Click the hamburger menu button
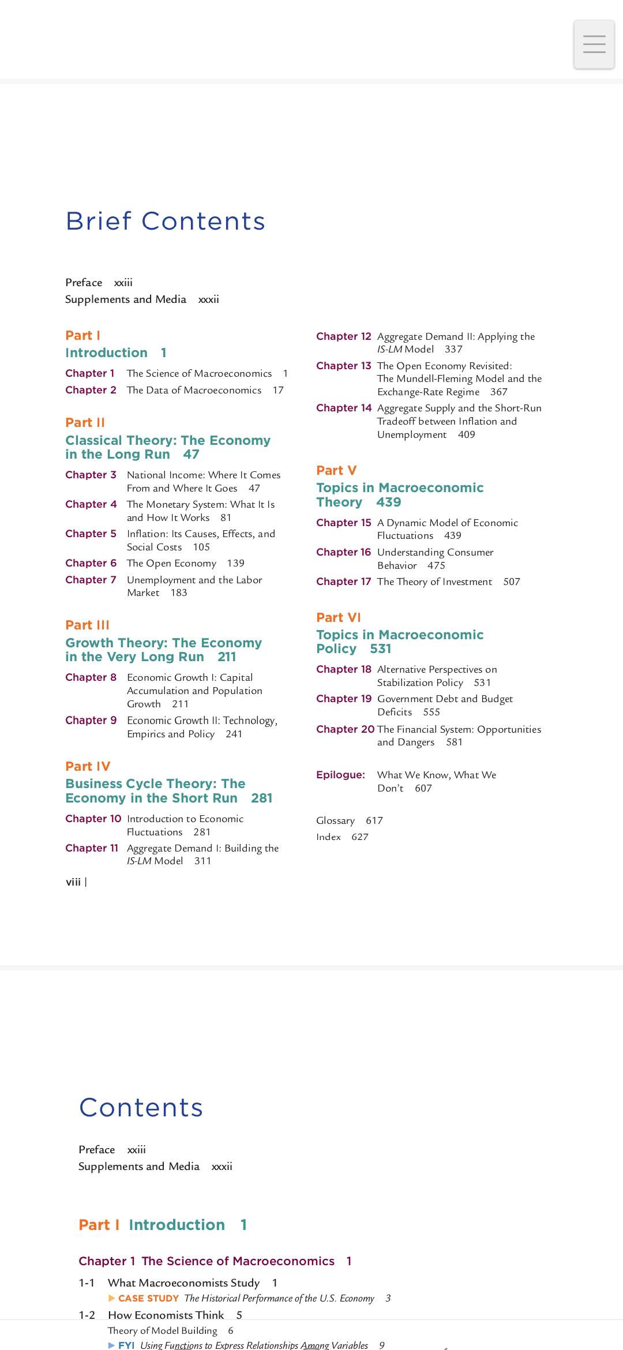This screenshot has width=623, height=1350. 594,44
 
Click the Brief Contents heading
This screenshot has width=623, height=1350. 165,221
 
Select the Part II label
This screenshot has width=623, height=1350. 85,422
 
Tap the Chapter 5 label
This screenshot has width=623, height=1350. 91,534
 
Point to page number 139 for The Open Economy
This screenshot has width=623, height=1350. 235,563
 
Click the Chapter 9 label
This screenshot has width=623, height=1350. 91,720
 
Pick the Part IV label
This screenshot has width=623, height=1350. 88,766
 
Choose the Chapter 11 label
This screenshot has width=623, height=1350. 92,848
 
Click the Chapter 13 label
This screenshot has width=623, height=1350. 343,366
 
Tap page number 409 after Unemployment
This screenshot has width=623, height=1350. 466,434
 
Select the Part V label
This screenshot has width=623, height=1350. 336,470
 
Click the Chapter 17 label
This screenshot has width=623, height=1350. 343,582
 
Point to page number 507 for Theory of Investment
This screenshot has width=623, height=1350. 511,582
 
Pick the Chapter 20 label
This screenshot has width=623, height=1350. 345,729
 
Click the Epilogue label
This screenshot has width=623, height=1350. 340,775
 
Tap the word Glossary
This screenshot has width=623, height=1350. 335,820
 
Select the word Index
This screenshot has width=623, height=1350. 328,837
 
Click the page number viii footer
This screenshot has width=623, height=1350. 73,882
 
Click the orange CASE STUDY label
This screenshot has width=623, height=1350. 148,1298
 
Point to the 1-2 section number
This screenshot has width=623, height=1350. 87,1315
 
